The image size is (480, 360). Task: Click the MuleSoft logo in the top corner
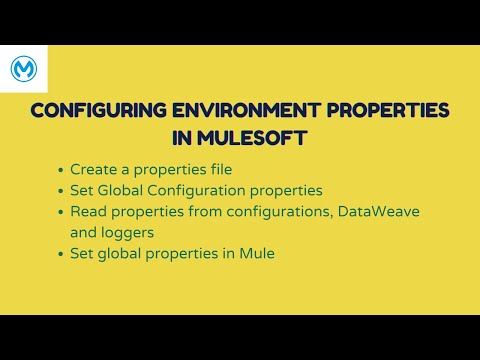[x=24, y=69]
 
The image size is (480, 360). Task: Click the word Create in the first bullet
[x=93, y=169]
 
